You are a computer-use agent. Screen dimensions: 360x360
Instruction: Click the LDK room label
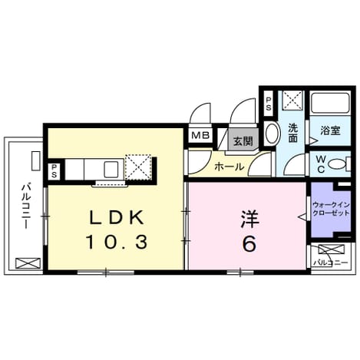[x=116, y=218]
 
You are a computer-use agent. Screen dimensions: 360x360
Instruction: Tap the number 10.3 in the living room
[x=117, y=243]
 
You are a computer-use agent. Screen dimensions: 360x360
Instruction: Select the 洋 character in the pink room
[x=249, y=219]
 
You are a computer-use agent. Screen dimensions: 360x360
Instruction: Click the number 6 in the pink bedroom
[x=249, y=243]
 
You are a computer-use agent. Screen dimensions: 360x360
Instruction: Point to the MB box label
[x=200, y=135]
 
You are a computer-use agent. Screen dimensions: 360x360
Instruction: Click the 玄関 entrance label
[x=243, y=141]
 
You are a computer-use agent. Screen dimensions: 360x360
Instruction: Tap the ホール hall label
[x=229, y=167]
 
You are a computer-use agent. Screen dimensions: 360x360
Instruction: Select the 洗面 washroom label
[x=293, y=133]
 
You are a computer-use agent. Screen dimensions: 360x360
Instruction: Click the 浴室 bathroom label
[x=330, y=130]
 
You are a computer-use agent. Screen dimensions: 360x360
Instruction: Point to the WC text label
[x=321, y=164]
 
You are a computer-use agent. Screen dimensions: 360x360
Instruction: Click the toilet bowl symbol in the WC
[x=338, y=163]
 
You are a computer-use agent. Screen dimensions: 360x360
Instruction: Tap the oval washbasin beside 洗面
[x=272, y=134]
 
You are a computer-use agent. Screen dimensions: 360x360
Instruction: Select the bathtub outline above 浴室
[x=330, y=103]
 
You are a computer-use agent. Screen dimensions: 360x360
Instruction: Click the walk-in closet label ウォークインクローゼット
[x=331, y=209]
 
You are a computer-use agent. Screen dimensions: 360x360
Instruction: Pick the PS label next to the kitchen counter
[x=54, y=171]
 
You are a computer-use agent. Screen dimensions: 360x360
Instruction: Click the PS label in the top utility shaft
[x=269, y=104]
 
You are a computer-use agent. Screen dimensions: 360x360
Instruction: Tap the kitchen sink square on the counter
[x=111, y=169]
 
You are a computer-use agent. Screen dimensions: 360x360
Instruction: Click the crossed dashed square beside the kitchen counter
[x=138, y=167]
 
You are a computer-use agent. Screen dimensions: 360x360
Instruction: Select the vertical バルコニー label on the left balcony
[x=26, y=206]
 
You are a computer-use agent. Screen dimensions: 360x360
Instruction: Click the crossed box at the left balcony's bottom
[x=28, y=263]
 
